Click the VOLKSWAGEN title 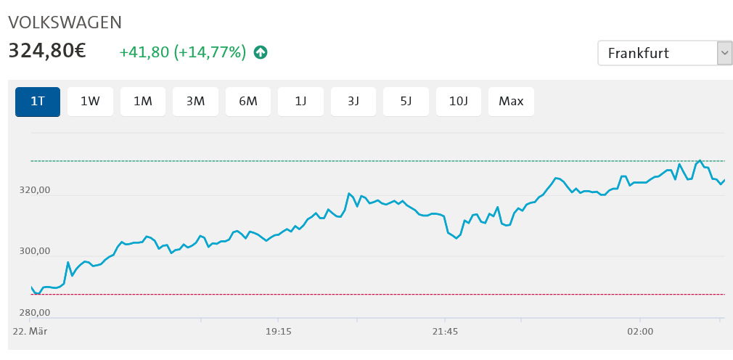click(x=65, y=22)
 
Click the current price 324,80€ click(x=47, y=52)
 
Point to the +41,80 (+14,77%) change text click(x=182, y=52)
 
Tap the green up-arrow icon click(x=261, y=52)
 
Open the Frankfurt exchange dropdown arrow click(x=724, y=53)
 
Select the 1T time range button click(x=38, y=102)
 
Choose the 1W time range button click(x=90, y=102)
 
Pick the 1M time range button click(x=143, y=102)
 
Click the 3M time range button click(x=195, y=102)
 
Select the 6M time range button click(x=248, y=102)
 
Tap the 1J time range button click(x=300, y=102)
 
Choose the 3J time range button click(x=353, y=102)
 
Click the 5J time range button click(x=406, y=102)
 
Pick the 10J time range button click(x=459, y=102)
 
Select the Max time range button click(x=511, y=102)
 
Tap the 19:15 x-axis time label click(x=279, y=331)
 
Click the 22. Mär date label click(x=30, y=331)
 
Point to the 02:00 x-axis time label click(x=640, y=331)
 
